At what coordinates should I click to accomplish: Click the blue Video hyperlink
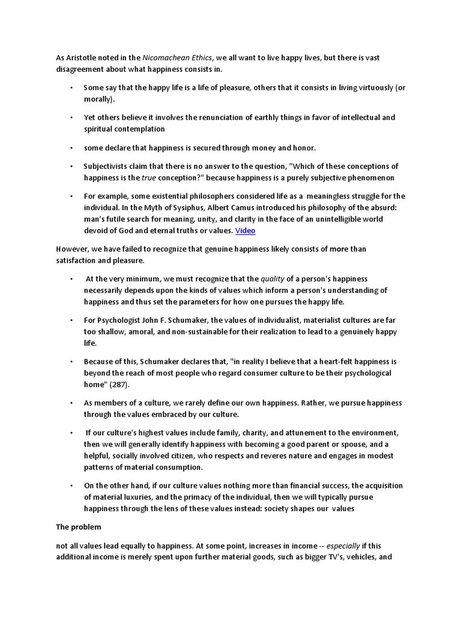(x=245, y=231)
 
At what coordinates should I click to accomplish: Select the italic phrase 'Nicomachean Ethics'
(x=177, y=58)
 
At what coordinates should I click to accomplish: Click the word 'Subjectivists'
(x=107, y=167)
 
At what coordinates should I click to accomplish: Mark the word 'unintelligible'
(x=331, y=219)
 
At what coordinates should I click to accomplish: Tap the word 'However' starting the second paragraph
(x=72, y=249)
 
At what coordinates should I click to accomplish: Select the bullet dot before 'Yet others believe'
(x=71, y=118)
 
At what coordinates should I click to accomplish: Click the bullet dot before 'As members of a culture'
(x=71, y=403)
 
